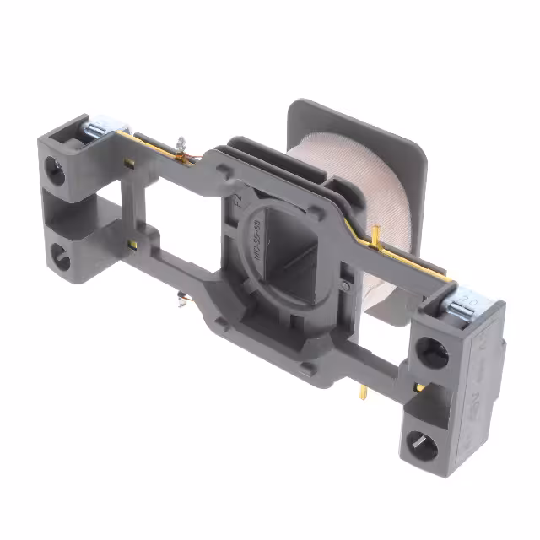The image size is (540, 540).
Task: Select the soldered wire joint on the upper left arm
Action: pyautogui.click(x=182, y=149)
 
